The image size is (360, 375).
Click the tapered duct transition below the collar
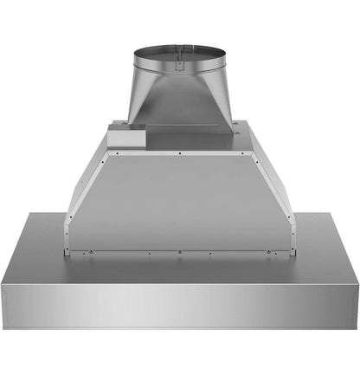180,104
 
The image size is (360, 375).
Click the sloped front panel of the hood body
180,204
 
